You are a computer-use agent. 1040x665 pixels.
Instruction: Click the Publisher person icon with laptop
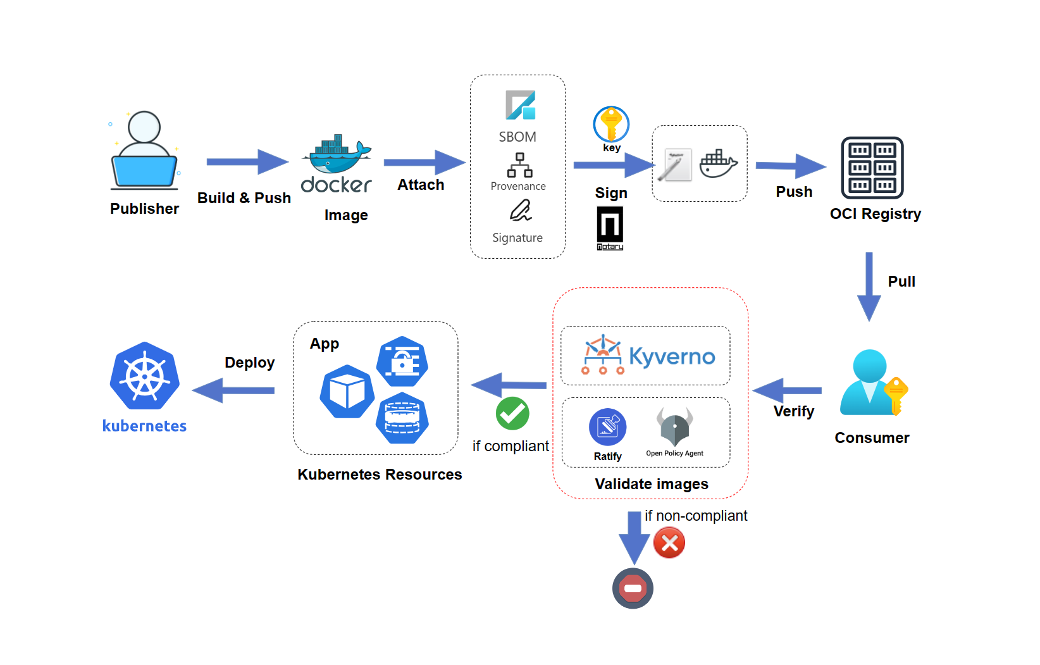coord(144,152)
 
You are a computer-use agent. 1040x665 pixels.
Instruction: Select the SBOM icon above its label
coord(520,105)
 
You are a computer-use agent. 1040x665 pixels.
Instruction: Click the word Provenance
coord(517,186)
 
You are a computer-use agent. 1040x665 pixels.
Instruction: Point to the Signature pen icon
coord(521,211)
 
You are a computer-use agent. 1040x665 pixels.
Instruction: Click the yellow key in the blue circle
coord(611,124)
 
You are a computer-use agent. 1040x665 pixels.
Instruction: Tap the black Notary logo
coord(610,228)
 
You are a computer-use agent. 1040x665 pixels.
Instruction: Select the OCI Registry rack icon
coord(872,168)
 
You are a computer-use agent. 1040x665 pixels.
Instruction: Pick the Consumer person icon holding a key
coord(872,383)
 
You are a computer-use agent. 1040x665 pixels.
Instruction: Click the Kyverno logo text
coord(672,357)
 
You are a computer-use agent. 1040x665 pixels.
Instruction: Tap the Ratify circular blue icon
coord(607,427)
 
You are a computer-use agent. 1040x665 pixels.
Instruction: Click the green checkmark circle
coord(512,414)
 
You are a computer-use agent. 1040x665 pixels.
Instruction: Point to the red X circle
coord(669,543)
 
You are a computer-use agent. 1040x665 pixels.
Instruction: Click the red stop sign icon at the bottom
coord(633,588)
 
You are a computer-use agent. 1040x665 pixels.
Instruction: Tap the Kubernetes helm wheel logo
coord(145,377)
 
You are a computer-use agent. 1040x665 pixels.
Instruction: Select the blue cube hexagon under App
coord(347,392)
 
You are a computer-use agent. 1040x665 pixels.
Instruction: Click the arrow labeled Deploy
coord(233,390)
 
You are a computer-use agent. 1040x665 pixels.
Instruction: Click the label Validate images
coord(652,484)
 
